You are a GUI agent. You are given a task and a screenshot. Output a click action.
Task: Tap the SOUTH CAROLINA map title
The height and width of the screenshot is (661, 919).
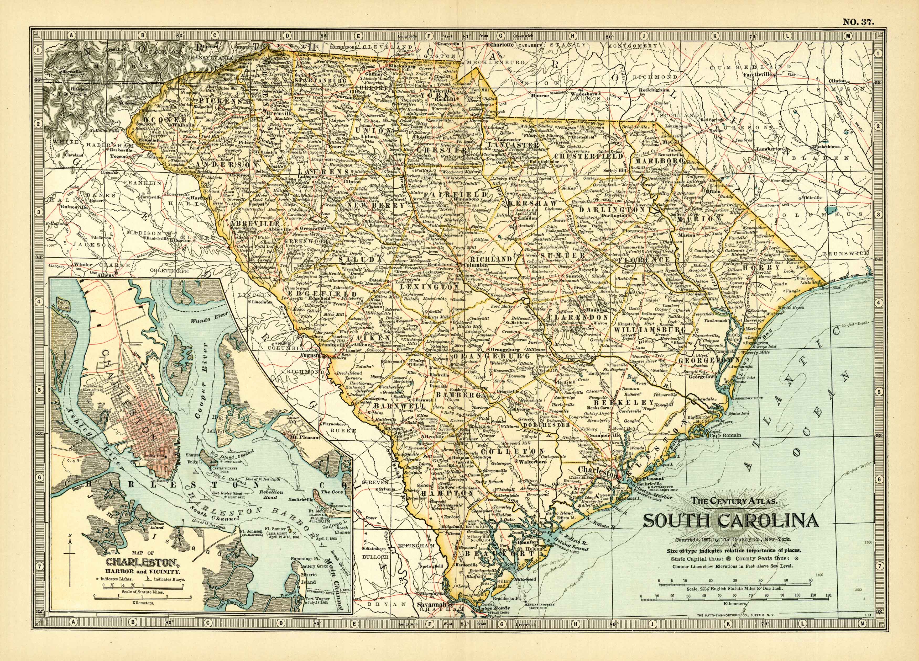(730, 521)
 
